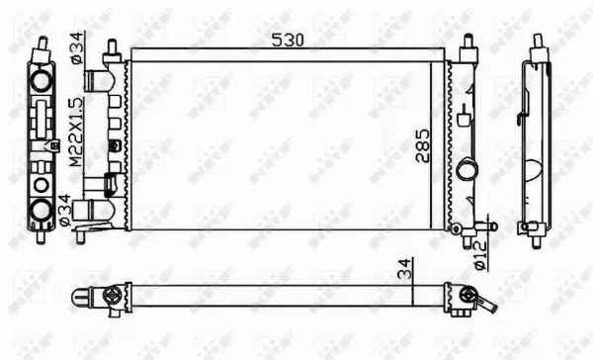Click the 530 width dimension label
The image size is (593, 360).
[288, 40]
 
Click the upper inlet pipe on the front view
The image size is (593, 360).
[98, 78]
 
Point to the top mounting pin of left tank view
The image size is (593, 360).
[42, 45]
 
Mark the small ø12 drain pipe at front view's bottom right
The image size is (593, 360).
[478, 226]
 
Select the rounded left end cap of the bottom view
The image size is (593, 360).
[79, 295]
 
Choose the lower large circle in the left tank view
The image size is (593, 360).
[41, 209]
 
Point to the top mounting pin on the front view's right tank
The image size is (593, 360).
[466, 45]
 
